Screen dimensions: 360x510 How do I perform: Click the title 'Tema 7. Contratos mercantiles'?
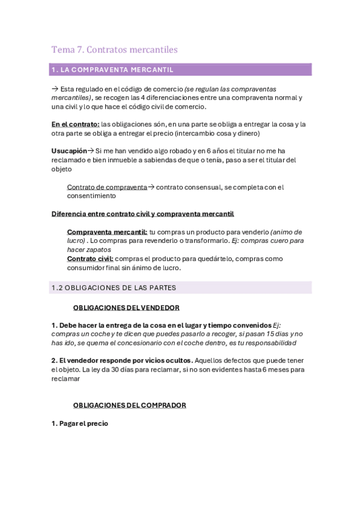(x=114, y=49)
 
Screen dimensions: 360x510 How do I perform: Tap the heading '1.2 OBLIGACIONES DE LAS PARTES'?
(x=114, y=287)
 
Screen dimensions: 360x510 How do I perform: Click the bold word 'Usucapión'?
(x=69, y=151)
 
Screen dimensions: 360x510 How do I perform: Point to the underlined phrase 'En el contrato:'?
(x=75, y=124)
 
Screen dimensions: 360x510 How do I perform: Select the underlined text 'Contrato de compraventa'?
(x=107, y=187)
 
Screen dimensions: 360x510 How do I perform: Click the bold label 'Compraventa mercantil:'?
(x=107, y=232)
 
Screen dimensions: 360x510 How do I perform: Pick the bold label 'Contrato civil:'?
(x=90, y=259)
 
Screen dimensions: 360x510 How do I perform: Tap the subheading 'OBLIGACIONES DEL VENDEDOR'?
(x=126, y=308)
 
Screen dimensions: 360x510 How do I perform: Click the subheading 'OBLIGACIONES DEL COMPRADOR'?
(x=129, y=405)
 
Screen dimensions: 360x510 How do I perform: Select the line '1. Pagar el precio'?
(x=80, y=423)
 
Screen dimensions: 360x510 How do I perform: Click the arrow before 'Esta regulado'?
(x=55, y=88)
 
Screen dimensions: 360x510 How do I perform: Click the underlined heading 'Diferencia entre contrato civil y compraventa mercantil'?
(x=142, y=214)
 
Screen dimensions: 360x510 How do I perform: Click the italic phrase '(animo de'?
(x=286, y=232)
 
